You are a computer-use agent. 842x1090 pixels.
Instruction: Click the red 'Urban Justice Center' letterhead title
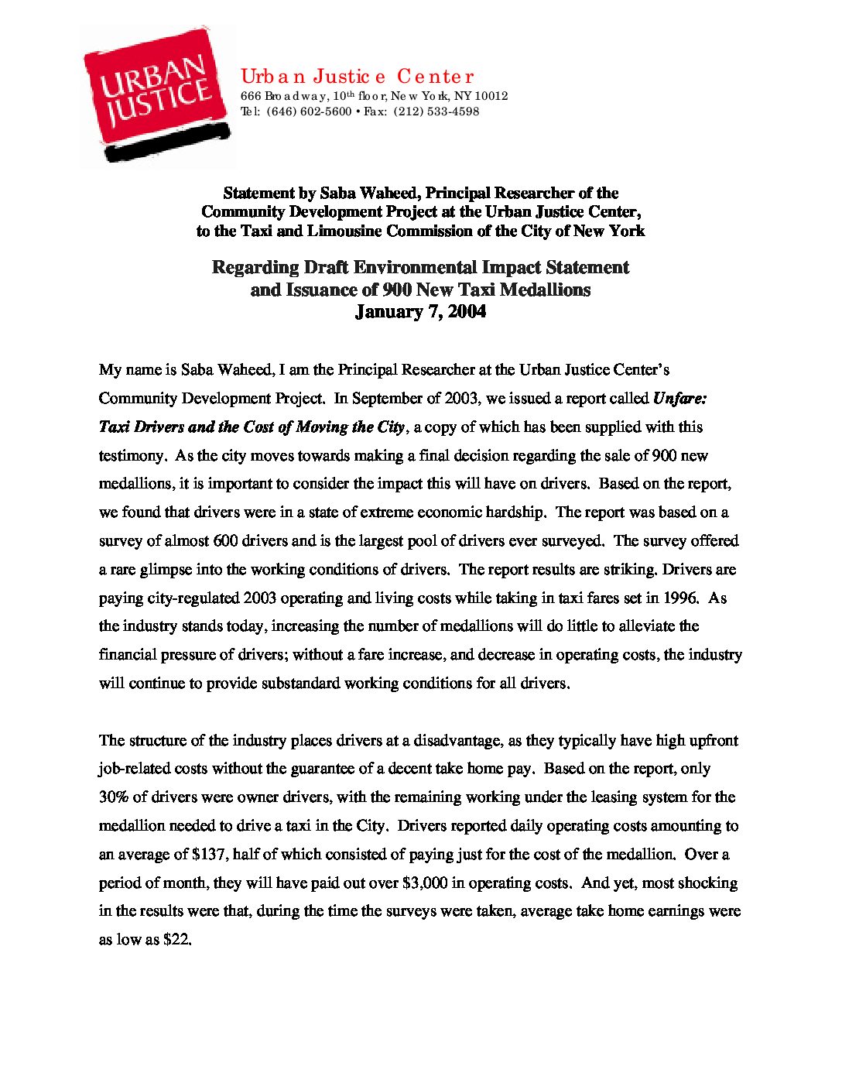tap(357, 76)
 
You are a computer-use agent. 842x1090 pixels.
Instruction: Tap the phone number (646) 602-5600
tap(309, 111)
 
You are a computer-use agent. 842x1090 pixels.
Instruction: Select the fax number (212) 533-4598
tap(436, 111)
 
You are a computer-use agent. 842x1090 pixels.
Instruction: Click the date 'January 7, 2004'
tap(420, 312)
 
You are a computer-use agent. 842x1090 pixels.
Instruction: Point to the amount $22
tap(176, 941)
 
